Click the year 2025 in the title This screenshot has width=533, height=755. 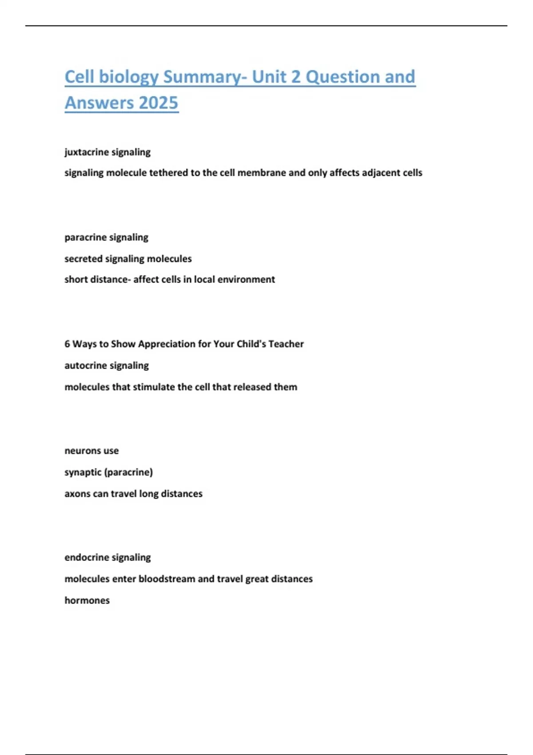pos(158,103)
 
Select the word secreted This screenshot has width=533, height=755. pos(83,258)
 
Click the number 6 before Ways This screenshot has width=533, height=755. pos(67,344)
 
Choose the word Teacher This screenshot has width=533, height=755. pos(286,344)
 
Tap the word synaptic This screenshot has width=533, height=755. pos(83,472)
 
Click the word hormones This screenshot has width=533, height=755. pos(87,600)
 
